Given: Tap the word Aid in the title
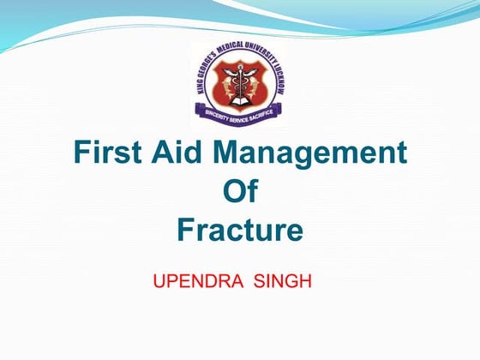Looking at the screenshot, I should (x=183, y=153).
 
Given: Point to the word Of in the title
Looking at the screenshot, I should (x=240, y=192).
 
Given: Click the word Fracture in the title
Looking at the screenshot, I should (x=240, y=230).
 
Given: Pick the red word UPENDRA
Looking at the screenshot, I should (x=187, y=280).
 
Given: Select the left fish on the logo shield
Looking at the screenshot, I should (x=227, y=84).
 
